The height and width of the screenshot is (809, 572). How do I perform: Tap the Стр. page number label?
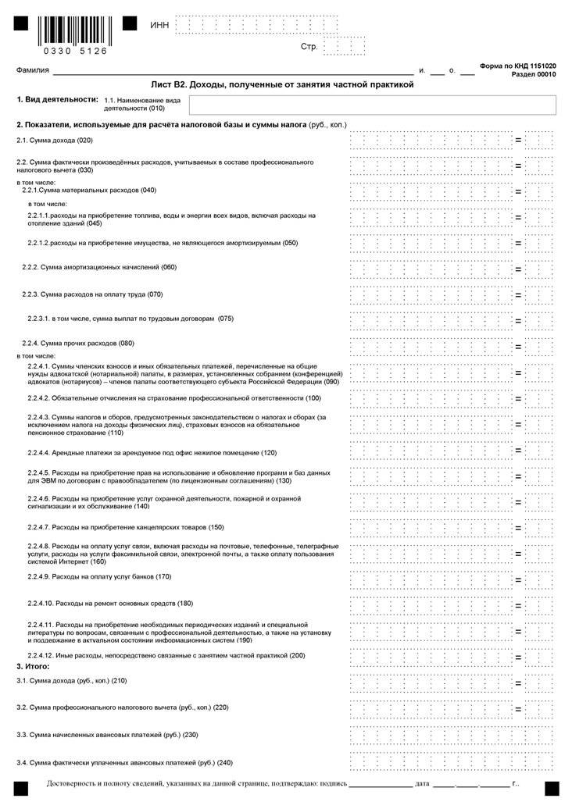(309, 47)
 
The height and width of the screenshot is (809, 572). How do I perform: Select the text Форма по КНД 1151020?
(517, 66)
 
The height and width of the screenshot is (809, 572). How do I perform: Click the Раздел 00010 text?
(534, 75)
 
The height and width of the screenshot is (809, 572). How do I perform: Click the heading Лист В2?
(281, 84)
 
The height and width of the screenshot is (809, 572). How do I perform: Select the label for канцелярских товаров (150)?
(126, 527)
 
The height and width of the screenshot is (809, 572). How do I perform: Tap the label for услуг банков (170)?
(99, 576)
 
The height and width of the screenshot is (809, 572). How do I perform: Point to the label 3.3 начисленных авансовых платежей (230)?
(97, 736)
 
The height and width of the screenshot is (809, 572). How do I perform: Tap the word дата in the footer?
(422, 783)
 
